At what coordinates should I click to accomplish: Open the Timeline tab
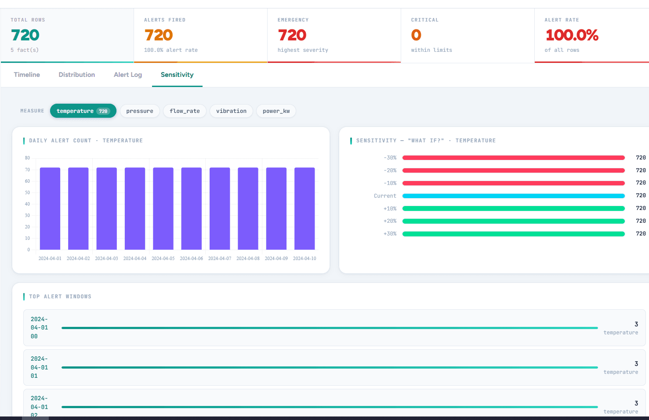[x=27, y=75]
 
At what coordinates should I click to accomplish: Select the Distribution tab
[x=77, y=75]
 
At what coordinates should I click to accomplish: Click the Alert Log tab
[x=128, y=75]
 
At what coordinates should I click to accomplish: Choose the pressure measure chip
[x=140, y=111]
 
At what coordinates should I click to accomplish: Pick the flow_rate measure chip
[x=185, y=111]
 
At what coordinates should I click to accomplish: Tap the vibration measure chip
[x=231, y=111]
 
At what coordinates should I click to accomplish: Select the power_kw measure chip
[x=276, y=111]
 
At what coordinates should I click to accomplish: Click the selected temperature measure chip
[x=83, y=111]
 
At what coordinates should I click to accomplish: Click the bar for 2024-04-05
[x=163, y=208]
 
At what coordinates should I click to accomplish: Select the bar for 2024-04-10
[x=305, y=208]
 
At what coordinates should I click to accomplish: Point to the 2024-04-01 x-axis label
[x=50, y=258]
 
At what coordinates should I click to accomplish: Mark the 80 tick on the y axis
[x=28, y=158]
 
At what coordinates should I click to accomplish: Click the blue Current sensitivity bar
[x=513, y=196]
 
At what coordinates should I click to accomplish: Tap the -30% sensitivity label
[x=390, y=158]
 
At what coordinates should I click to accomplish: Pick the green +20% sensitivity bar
[x=513, y=221]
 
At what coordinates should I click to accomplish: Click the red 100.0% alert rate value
[x=572, y=35]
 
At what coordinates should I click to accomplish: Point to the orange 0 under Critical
[x=416, y=35]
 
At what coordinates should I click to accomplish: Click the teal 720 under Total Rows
[x=25, y=35]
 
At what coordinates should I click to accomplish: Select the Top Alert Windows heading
[x=60, y=297]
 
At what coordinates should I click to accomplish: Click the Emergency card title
[x=293, y=20]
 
